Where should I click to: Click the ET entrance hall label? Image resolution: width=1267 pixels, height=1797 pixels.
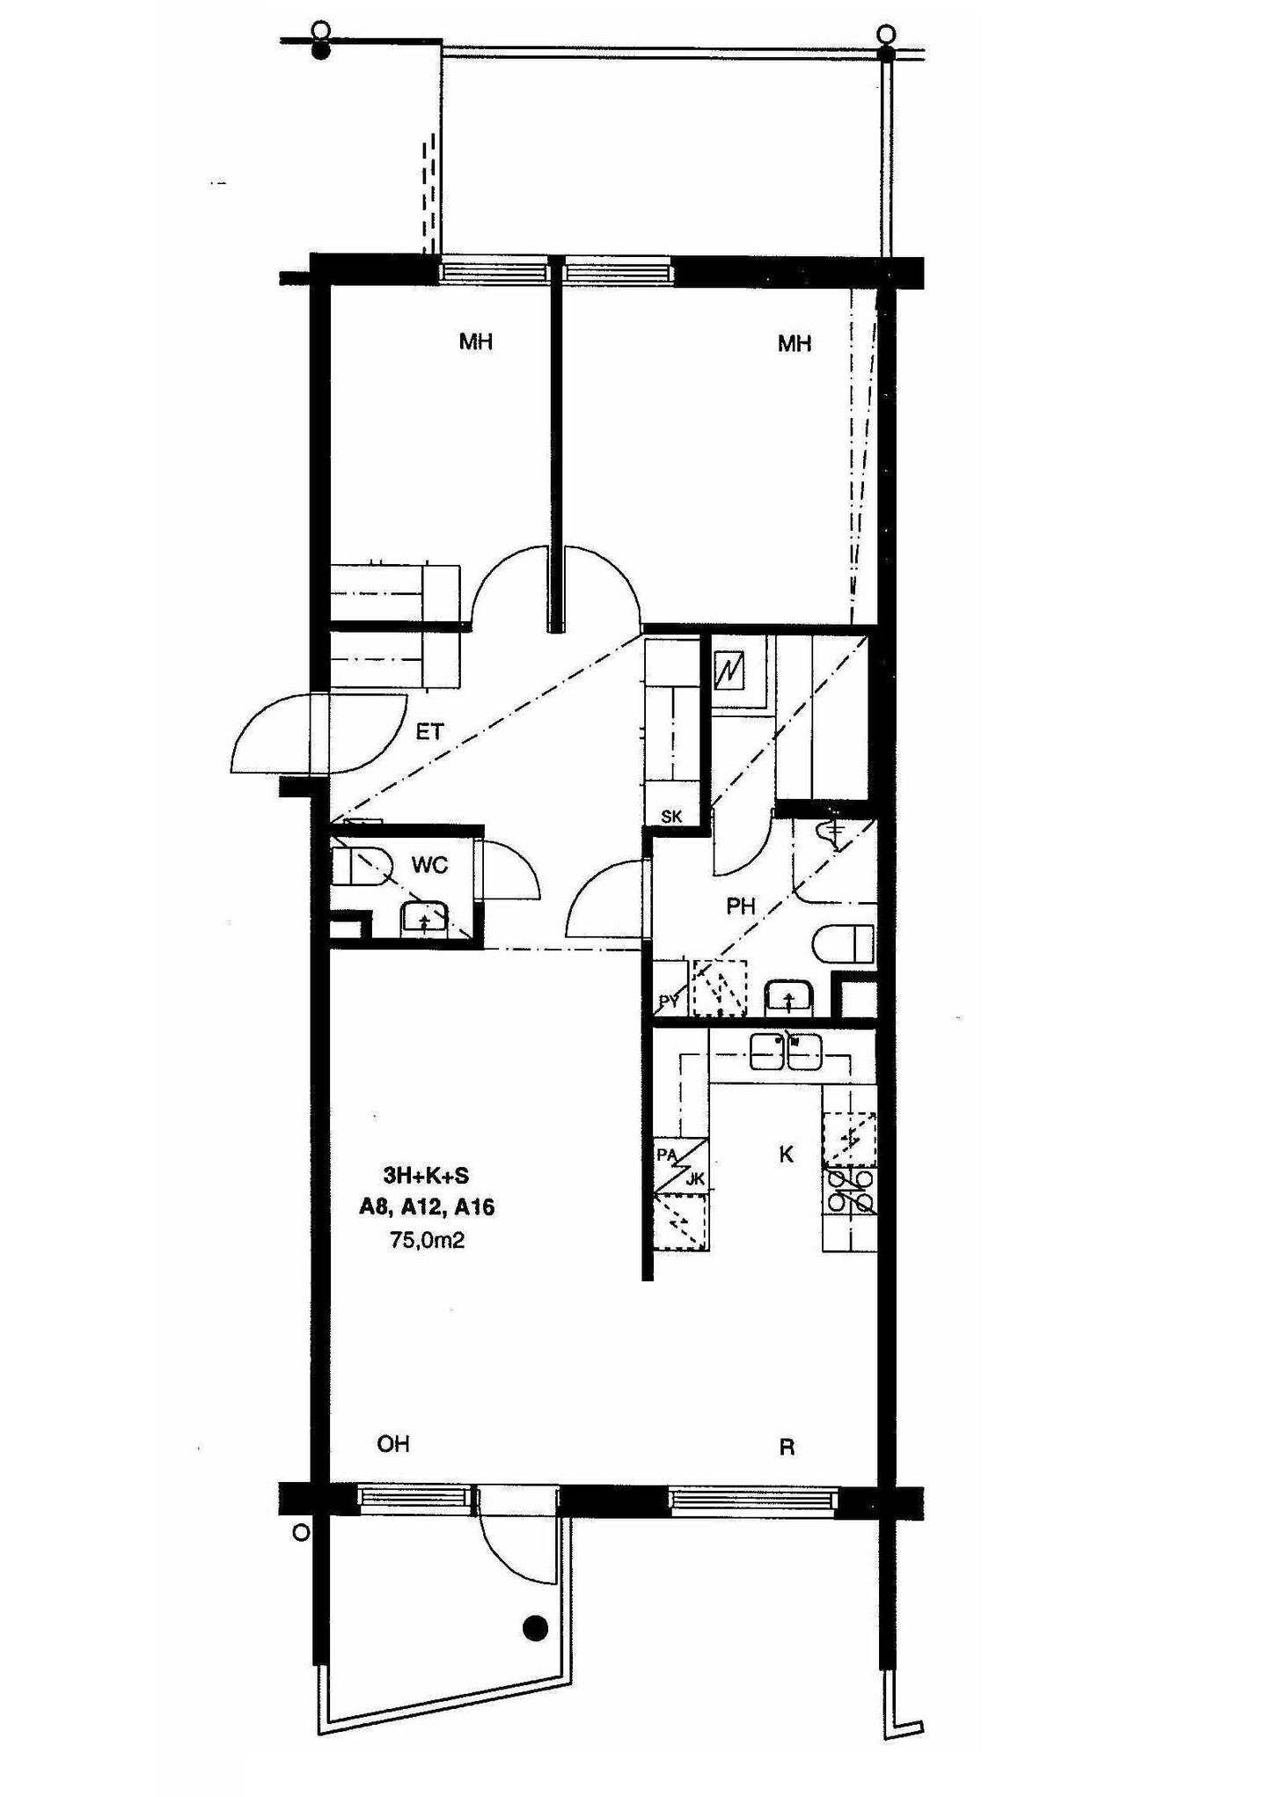coord(429,731)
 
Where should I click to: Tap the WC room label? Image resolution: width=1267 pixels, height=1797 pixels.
coord(429,865)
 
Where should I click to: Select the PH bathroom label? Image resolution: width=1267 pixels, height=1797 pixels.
coord(741,906)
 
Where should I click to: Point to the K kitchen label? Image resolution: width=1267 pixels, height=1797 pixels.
coord(787,1155)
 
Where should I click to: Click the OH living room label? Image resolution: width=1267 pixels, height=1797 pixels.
coord(393,1444)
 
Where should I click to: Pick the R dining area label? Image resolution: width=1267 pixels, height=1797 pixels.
coord(787,1448)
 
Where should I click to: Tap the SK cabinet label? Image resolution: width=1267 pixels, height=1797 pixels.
coord(671,817)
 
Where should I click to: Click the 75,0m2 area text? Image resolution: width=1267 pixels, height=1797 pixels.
coord(427,1241)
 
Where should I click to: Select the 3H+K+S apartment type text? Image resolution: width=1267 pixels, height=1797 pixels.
coord(426,1175)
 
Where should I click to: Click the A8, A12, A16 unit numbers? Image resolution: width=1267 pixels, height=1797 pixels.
coord(427,1207)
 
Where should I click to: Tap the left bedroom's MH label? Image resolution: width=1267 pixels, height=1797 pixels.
coord(476,341)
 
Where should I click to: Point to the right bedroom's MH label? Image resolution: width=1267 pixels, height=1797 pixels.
coord(795,344)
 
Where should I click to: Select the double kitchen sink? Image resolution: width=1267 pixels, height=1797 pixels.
coord(786,1052)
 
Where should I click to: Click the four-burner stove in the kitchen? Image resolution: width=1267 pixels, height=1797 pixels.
coord(849,1191)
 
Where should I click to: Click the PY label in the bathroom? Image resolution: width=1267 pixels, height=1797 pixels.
coord(670,1001)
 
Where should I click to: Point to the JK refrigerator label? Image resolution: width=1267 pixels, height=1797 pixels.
coord(695,1180)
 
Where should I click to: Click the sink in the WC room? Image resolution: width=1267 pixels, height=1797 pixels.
coord(427,919)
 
